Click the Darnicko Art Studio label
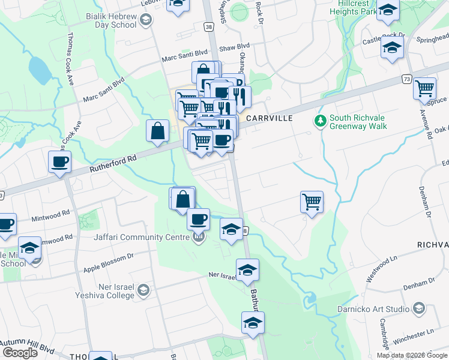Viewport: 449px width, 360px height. (x=381, y=310)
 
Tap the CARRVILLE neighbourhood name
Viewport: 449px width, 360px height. (x=268, y=118)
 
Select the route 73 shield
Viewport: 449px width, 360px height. (x=407, y=79)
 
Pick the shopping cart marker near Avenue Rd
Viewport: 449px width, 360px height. (x=425, y=88)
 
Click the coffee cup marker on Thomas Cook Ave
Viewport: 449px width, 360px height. (x=60, y=162)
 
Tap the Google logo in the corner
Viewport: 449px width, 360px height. (x=20, y=353)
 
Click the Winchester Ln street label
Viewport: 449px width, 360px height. (x=414, y=332)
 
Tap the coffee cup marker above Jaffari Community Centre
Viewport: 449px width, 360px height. (x=198, y=220)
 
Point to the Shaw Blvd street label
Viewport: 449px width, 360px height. (x=235, y=46)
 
